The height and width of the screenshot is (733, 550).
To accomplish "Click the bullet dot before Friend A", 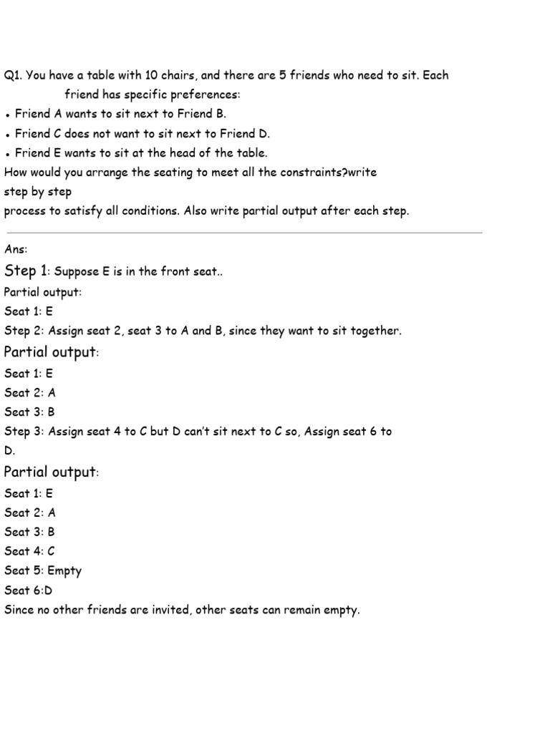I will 6,115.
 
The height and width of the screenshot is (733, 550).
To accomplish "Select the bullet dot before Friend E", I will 6,153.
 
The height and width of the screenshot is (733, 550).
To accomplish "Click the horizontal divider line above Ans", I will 243,233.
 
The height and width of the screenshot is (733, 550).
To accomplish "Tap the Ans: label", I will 15,249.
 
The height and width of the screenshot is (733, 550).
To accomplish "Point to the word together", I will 375,331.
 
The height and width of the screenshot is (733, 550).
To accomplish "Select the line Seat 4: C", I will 29,551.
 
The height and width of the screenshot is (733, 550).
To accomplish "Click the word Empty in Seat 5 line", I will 64,571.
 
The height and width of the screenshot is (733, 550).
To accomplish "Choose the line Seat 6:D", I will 29,591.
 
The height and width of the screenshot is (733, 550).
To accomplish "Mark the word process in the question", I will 24,212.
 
